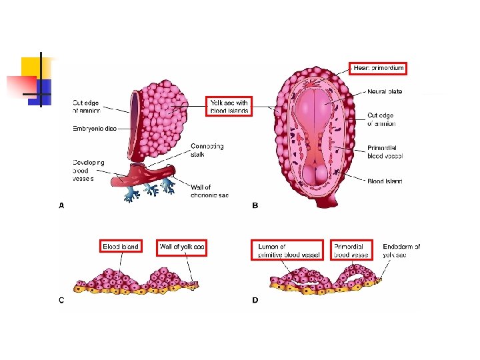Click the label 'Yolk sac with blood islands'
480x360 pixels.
[229, 107]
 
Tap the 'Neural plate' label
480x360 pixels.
[385, 91]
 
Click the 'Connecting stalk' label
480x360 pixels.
[207, 151]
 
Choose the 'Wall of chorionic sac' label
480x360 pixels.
[210, 191]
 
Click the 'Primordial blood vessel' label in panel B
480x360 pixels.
[385, 152]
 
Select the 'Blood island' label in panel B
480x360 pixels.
[385, 181]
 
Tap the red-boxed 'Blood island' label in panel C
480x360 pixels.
[121, 247]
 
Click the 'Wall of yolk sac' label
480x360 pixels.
[182, 247]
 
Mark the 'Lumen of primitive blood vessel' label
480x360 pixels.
[289, 250]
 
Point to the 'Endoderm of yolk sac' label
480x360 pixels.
[401, 250]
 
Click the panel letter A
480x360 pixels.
[61, 206]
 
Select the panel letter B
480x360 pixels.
[255, 206]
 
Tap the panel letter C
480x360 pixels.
[61, 300]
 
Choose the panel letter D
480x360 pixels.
[255, 300]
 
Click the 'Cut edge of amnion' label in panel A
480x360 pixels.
[86, 107]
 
